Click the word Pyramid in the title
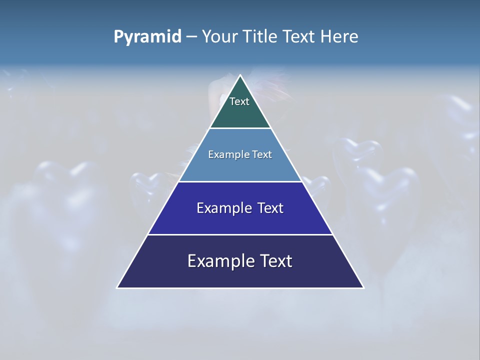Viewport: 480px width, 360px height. point(147,37)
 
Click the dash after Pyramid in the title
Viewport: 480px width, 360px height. point(191,37)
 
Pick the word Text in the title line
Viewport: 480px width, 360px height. point(300,36)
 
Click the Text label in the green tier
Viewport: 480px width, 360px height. point(239,101)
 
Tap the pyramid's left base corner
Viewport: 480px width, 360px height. point(117,287)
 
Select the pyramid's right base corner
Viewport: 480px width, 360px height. point(363,287)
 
